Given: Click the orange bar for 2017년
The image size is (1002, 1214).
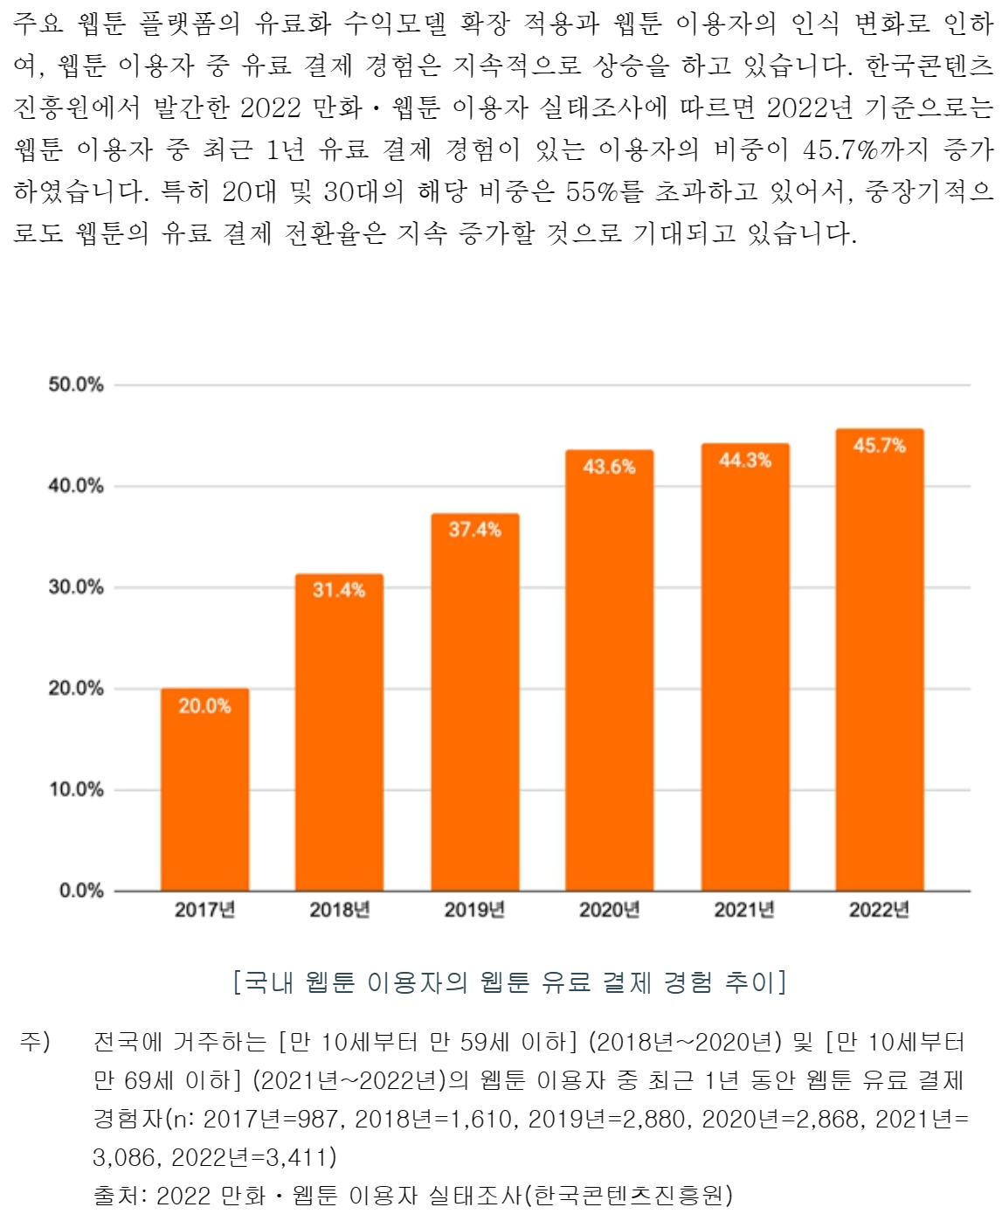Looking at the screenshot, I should [204, 791].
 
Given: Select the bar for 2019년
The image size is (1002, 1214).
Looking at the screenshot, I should [474, 704].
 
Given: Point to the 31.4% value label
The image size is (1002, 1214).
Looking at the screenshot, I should [339, 590].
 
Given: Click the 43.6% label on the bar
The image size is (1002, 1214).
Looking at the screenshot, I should [609, 467].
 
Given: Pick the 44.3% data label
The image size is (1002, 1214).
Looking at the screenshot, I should [744, 460].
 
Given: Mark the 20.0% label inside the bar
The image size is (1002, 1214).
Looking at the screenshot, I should [204, 705].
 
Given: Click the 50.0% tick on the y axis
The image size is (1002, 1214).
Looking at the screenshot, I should [76, 385].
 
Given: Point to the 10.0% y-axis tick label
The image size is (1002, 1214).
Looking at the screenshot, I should [76, 789].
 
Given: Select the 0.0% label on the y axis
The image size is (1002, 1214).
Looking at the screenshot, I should [81, 891].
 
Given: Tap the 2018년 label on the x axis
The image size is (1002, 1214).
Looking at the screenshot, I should [340, 910].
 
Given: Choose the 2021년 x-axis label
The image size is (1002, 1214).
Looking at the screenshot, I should [744, 910].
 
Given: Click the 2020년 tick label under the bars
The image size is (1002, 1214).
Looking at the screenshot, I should [610, 910].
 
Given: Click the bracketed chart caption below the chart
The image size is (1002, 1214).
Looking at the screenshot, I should [510, 982].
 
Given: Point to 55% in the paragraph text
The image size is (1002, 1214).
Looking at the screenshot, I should [592, 191].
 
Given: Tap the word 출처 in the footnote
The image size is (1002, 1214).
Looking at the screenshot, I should [116, 1194].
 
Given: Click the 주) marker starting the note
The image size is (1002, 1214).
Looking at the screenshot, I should [36, 1042].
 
